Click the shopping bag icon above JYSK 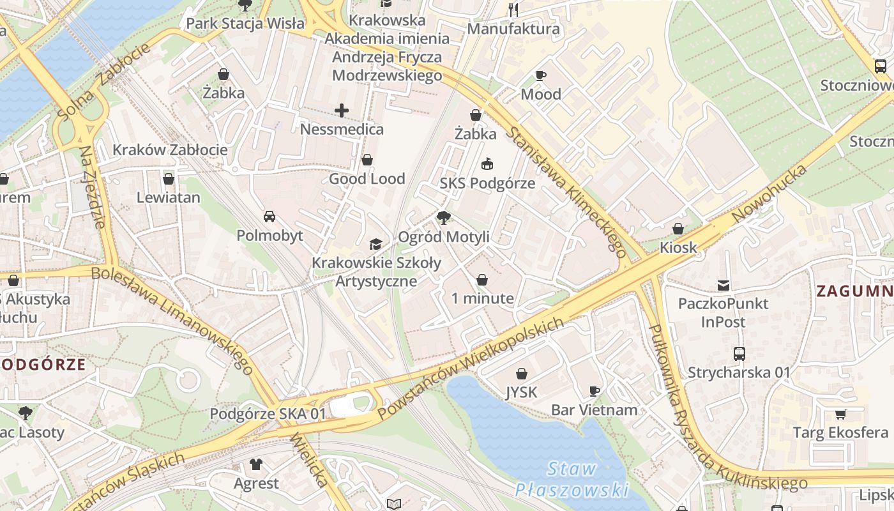point(522,374)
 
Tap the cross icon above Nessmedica point(342,111)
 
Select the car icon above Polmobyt point(269,217)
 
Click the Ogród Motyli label point(444,237)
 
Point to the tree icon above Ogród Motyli point(443,218)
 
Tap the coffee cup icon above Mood point(541,75)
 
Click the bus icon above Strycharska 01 point(739,353)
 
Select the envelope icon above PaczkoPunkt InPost point(724,285)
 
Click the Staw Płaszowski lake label point(572,480)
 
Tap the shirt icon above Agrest point(256,464)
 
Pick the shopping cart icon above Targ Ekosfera point(840,414)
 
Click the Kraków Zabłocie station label point(170,150)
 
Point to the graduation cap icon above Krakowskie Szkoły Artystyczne point(376,244)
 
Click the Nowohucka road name point(769,194)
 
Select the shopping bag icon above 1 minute point(482,280)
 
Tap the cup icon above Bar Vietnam point(595,391)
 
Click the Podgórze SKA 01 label point(268,414)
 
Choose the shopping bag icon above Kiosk point(678,229)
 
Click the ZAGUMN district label point(854,291)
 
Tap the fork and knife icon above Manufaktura point(513,10)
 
